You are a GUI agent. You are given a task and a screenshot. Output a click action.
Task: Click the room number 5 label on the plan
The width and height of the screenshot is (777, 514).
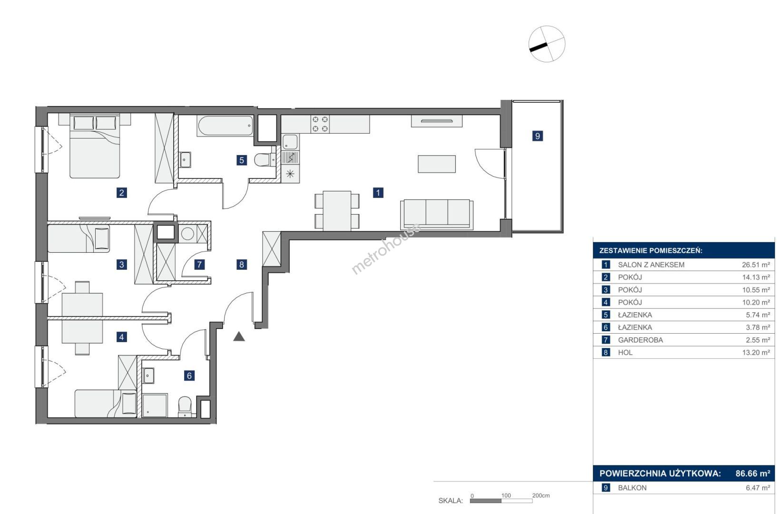[241, 160]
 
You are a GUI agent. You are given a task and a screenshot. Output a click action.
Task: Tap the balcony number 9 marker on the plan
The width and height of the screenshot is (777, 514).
[537, 136]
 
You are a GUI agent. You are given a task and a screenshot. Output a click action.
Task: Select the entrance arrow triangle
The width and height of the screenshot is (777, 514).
[239, 336]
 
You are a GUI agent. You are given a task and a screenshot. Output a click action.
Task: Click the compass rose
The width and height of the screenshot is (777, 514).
[547, 44]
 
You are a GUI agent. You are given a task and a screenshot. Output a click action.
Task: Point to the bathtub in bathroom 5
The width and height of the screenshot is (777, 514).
[225, 126]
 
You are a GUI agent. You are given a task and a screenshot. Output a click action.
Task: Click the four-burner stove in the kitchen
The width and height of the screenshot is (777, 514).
[320, 124]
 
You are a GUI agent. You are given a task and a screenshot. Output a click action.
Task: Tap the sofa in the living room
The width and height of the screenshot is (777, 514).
[437, 214]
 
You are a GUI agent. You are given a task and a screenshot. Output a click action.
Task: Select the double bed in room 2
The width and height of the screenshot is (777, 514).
[95, 146]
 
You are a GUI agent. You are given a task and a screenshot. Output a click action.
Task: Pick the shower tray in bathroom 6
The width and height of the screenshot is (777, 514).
[155, 405]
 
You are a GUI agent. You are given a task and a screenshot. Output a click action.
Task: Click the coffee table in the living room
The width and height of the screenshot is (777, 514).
[437, 164]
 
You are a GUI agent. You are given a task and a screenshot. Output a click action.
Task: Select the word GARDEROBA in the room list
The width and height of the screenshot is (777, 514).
[640, 340]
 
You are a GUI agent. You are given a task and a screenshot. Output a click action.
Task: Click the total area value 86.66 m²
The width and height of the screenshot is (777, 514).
[753, 474]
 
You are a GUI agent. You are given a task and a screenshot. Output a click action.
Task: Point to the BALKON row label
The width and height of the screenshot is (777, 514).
[632, 488]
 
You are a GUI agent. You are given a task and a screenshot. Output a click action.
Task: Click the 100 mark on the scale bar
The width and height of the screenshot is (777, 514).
[506, 495]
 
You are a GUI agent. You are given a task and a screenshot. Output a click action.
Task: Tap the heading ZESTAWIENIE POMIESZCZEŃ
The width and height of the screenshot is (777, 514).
[651, 251]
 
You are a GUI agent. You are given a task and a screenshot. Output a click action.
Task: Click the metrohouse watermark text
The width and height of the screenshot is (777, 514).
[386, 248]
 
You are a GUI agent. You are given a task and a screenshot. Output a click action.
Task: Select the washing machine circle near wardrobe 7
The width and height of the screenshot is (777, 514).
[187, 234]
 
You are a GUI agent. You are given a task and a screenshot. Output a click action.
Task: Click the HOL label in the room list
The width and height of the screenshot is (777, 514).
[625, 353]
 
